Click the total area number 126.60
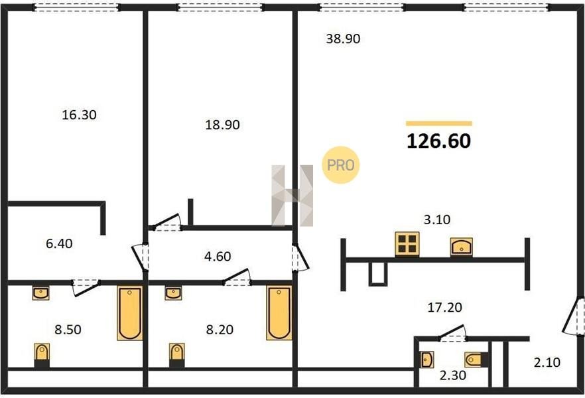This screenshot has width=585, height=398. pos(439,141)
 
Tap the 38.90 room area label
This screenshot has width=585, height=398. pos(343,38)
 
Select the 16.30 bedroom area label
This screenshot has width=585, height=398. pos(79,115)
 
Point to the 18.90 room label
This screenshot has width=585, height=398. pos(222,125)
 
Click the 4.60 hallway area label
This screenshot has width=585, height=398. pos(218,256)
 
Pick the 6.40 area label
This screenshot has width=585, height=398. pos(59,243)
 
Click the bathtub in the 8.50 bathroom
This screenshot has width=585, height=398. pos(130,313)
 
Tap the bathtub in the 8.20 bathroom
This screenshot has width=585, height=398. pos(279,313)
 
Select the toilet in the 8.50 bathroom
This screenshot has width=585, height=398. pos(42,355)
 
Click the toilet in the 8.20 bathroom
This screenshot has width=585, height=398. pos(177,355)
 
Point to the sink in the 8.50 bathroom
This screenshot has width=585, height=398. pos(40,294)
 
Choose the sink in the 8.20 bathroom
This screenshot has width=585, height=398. pos(173,294)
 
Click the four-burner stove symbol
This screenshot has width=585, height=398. pos(407,244)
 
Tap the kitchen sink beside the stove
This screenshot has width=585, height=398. pos(462,247)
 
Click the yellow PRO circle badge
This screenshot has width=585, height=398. pos(341,165)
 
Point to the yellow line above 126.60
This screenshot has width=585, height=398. pos(439,124)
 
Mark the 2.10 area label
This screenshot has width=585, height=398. pos(547,362)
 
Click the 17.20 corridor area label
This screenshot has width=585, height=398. pos(444,307)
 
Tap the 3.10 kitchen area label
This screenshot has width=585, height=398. pos(437,220)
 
